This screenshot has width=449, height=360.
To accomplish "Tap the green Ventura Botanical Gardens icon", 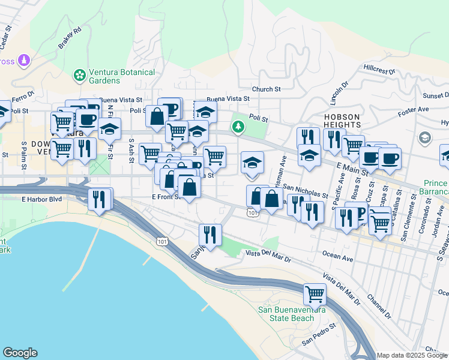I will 79,75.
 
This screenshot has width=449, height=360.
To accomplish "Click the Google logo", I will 20,353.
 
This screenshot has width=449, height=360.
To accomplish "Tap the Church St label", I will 266,89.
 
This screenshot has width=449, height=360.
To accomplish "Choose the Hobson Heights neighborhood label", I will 341,121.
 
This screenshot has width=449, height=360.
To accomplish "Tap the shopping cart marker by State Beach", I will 315,294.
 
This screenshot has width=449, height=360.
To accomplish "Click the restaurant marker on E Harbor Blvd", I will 98,199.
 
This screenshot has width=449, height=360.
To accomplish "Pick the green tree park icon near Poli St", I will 239,127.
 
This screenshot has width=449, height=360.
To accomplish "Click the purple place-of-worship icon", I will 24,60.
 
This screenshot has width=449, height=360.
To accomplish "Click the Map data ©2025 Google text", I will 412,355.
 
